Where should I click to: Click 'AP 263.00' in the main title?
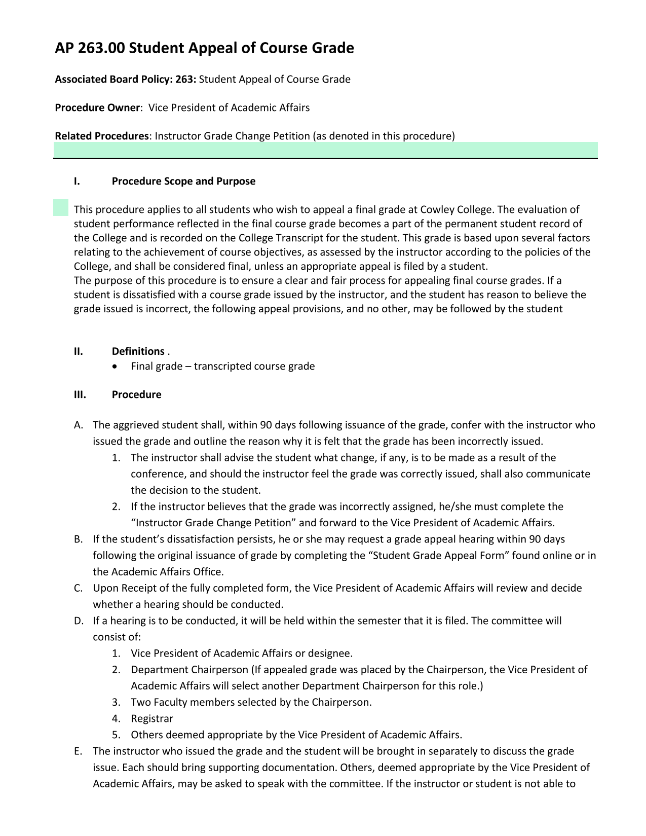tap(90, 48)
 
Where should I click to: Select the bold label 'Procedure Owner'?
tap(97, 107)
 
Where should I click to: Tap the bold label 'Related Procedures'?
tap(101, 136)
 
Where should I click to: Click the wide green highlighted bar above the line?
tap(325, 150)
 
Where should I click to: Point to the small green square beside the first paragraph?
tap(61, 208)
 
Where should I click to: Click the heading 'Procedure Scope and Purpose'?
tap(183, 181)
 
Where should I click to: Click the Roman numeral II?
tap(78, 351)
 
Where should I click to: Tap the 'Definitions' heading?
tap(138, 351)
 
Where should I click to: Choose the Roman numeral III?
tap(80, 395)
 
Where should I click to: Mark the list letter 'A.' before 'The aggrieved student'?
tap(79, 425)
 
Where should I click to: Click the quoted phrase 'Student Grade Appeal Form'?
tap(439, 555)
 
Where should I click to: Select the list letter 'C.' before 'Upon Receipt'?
tap(79, 588)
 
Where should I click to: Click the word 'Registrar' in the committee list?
tap(152, 718)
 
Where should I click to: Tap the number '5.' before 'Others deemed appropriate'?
tap(117, 735)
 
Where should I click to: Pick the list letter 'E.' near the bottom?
tap(78, 751)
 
